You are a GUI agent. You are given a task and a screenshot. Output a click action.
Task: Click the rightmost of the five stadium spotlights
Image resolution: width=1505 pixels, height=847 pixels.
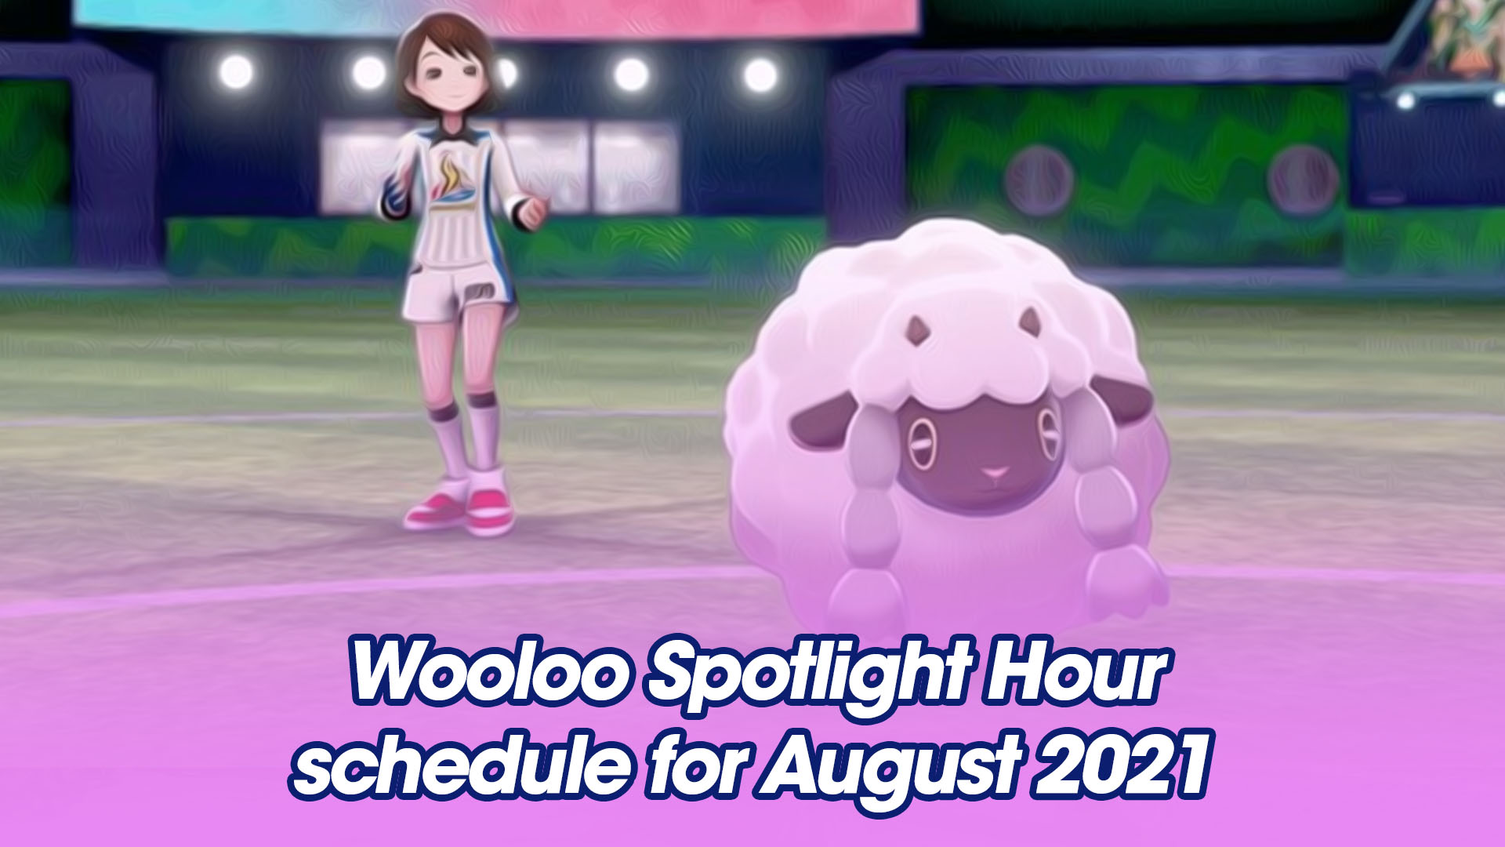pyautogui.click(x=760, y=75)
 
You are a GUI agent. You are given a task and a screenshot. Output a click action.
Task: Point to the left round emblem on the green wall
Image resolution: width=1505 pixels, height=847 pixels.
pyautogui.click(x=1038, y=180)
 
